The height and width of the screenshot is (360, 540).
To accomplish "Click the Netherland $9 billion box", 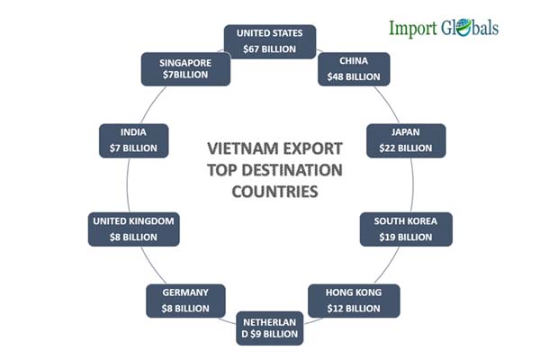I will tap(270, 328).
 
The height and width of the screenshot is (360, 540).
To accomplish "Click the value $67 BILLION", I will tap(270, 49).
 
